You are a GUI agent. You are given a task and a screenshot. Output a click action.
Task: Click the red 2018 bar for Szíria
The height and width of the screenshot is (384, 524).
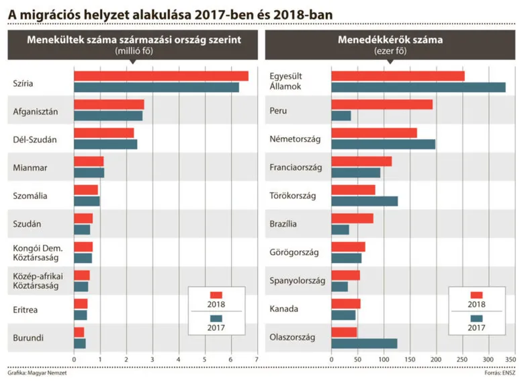(161, 76)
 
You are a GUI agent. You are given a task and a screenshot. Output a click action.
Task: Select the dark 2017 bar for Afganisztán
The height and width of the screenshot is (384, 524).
(108, 116)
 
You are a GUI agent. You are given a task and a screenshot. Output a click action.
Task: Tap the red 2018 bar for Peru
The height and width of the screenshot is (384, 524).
(382, 104)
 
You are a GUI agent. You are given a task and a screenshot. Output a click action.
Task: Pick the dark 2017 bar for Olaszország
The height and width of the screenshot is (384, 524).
(364, 343)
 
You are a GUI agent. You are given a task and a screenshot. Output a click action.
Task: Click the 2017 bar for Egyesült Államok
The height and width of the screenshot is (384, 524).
(418, 87)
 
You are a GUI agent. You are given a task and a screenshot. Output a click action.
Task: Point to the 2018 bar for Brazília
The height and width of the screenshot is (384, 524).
(352, 218)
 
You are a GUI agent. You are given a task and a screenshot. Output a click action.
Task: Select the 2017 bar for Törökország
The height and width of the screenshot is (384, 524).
(364, 201)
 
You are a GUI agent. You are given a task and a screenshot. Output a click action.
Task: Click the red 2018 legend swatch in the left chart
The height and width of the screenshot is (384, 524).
(216, 295)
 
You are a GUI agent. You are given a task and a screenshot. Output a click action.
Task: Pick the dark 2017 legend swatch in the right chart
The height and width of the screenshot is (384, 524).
(476, 318)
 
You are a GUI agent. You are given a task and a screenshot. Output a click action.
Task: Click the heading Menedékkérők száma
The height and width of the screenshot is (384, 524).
(390, 40)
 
